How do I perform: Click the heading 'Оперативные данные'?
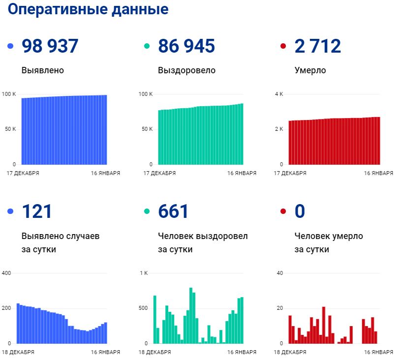88,9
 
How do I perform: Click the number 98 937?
50,46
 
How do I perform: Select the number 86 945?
186,46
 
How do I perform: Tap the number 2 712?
317,46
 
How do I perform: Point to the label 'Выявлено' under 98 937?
43,70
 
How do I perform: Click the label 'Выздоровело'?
186,70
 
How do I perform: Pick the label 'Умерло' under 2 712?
310,70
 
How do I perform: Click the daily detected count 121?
37,211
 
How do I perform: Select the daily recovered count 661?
173,211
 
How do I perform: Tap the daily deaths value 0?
300,211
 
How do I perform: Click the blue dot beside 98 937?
10,47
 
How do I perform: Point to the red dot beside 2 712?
283,47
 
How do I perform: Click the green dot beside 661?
147,212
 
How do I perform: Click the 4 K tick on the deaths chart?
278,94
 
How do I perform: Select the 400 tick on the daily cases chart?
7,273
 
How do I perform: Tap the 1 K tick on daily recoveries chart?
144,273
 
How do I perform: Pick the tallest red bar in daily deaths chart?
324,325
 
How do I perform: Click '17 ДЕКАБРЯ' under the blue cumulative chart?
23,173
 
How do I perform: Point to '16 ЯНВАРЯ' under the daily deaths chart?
378,352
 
